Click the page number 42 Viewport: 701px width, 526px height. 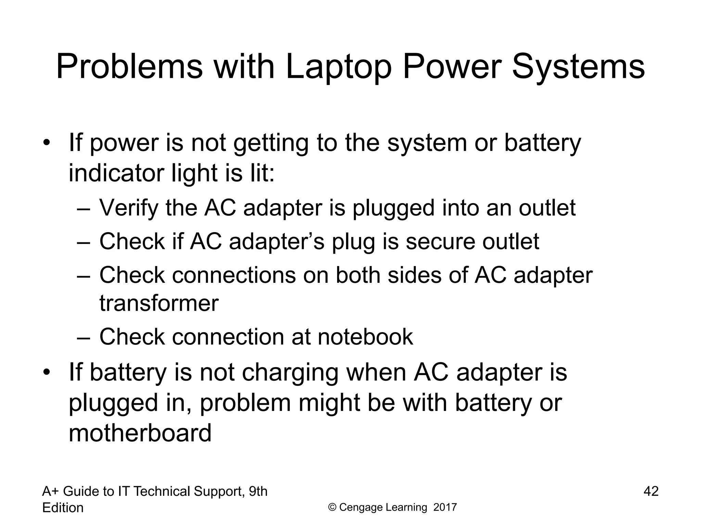coord(651,491)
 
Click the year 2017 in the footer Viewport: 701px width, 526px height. coord(445,507)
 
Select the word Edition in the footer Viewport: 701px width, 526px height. coord(63,508)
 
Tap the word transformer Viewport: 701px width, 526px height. coord(159,303)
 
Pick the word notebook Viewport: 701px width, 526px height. coord(365,337)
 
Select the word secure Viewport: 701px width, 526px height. coord(440,241)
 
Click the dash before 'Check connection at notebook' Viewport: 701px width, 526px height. coord(83,337)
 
